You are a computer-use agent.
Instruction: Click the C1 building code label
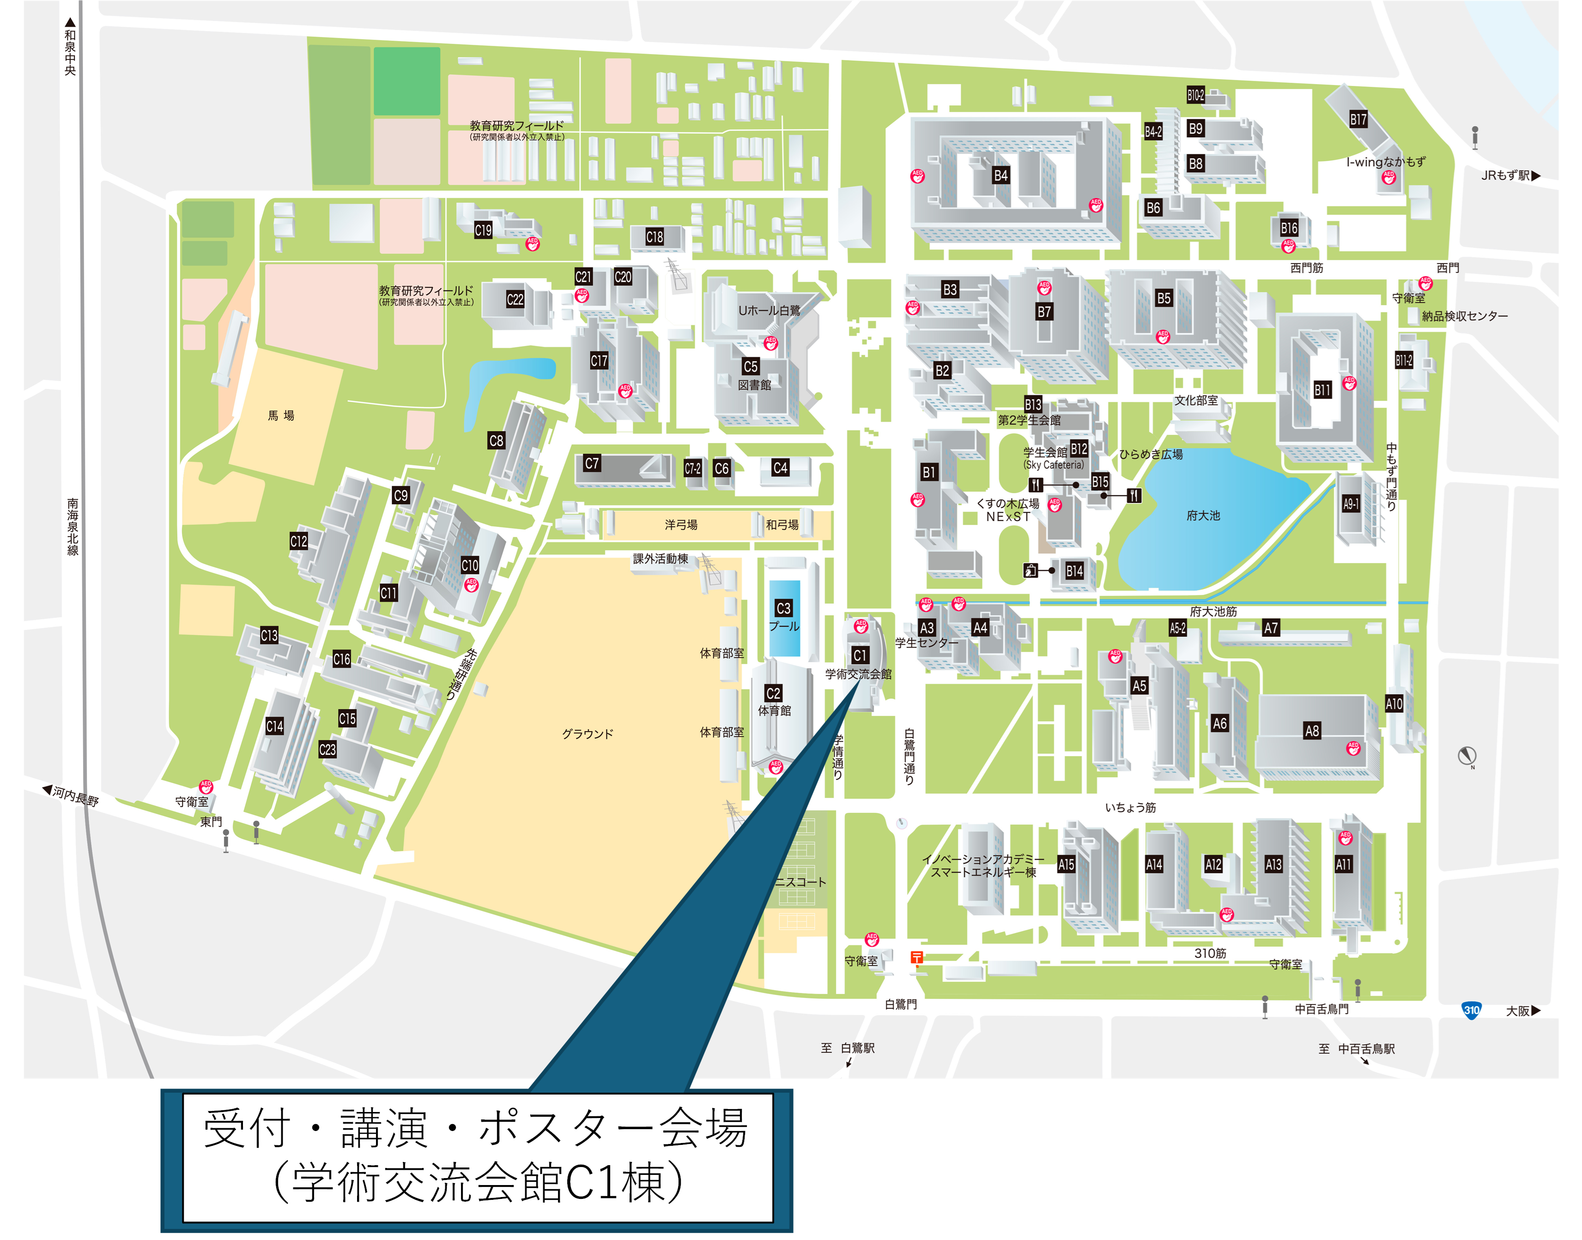point(860,656)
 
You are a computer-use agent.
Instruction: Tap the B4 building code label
point(1000,175)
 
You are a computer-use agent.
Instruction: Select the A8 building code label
point(1311,731)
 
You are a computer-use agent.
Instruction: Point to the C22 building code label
point(515,299)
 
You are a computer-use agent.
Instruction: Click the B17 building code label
point(1358,120)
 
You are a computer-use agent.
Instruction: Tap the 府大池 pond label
point(1203,515)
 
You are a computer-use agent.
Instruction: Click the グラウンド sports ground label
point(588,734)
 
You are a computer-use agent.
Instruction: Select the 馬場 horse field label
point(281,415)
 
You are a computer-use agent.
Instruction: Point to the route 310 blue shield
point(1471,1010)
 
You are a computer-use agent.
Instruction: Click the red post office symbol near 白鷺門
point(917,957)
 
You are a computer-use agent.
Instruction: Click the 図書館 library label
point(754,385)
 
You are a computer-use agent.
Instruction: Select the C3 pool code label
point(783,608)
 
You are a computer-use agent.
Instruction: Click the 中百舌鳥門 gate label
point(1321,1009)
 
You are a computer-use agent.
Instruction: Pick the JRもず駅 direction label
point(1510,175)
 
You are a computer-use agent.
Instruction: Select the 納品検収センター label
point(1464,316)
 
